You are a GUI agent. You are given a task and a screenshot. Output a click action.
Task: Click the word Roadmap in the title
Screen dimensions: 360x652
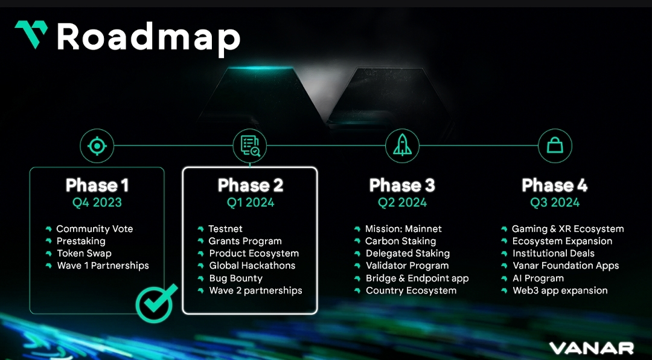[x=149, y=37]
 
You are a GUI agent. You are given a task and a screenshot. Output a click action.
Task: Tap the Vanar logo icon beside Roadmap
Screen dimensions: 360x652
[x=31, y=34]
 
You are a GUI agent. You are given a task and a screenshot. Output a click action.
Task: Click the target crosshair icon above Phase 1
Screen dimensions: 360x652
[x=97, y=146]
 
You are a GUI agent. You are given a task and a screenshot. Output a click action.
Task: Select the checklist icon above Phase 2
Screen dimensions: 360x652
[x=249, y=146]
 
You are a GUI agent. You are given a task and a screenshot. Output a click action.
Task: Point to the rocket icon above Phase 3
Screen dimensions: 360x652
[x=402, y=146]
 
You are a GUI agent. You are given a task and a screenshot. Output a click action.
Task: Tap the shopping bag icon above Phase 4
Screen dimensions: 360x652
[x=555, y=146]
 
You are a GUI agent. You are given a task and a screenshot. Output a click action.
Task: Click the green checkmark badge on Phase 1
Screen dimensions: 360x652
[x=155, y=302]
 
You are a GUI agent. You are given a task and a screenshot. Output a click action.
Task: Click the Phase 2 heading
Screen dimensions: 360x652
[x=250, y=185]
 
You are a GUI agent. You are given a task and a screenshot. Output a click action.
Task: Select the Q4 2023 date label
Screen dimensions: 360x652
[x=97, y=203]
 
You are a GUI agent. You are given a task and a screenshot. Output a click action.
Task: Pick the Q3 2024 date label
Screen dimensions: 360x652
[x=555, y=203]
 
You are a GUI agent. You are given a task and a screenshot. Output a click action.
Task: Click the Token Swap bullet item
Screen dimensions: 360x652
[x=84, y=254]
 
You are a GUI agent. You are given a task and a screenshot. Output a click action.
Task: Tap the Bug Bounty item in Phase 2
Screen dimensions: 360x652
[x=235, y=278]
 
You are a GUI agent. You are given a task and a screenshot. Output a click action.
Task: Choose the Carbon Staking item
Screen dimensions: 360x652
[x=400, y=241]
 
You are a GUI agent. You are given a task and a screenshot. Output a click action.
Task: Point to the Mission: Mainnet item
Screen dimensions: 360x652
[x=403, y=229]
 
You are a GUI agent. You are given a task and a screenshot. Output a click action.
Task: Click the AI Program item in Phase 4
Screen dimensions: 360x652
[x=538, y=278]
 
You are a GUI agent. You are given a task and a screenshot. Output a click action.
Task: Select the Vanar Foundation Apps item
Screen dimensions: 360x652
[x=566, y=266]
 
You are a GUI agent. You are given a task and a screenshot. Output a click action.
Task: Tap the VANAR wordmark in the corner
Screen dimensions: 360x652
[x=591, y=349]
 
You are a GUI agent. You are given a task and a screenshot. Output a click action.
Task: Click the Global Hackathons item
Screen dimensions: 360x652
[x=252, y=266]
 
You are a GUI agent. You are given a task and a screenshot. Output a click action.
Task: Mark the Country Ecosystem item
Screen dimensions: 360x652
[x=411, y=291]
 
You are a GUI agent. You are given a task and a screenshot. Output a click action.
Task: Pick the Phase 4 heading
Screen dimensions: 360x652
[x=555, y=185]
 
